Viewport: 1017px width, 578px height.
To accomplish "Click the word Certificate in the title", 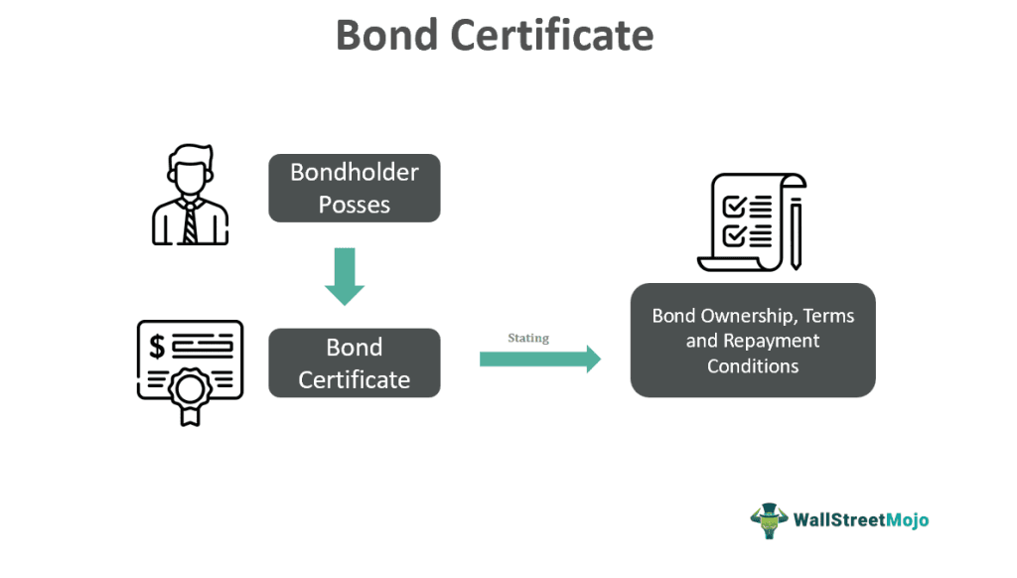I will [x=552, y=35].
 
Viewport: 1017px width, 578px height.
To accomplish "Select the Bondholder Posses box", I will [x=355, y=188].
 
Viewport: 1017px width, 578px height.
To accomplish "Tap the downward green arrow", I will [x=345, y=276].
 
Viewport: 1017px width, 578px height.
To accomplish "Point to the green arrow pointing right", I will [x=540, y=359].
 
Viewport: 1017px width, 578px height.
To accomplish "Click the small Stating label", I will [x=528, y=339].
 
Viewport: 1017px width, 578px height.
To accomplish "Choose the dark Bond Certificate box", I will [x=355, y=362].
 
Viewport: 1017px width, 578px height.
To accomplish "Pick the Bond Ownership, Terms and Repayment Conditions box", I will [x=753, y=341].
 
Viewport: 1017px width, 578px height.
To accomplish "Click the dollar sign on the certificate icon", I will [x=157, y=346].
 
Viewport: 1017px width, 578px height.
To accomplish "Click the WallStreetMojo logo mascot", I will [x=768, y=519].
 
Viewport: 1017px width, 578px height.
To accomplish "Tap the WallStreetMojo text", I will [x=861, y=519].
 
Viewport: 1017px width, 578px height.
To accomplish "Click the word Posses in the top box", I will [x=355, y=205].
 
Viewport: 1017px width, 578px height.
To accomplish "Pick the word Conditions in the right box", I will [x=753, y=365].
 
